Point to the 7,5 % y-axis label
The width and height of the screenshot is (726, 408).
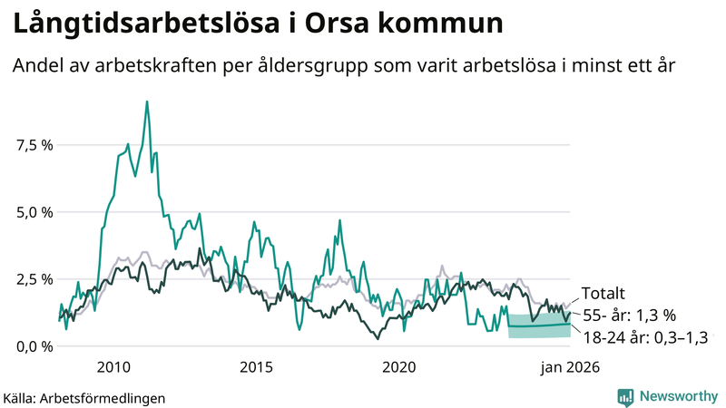pyautogui.click(x=34, y=145)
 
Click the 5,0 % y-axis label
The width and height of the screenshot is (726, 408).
pyautogui.click(x=34, y=212)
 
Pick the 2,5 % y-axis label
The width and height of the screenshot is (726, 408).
pyautogui.click(x=34, y=279)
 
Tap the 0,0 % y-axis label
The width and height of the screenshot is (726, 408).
pyautogui.click(x=34, y=346)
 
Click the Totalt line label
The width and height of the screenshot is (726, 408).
pyautogui.click(x=603, y=293)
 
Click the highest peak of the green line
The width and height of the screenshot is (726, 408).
pyautogui.click(x=147, y=102)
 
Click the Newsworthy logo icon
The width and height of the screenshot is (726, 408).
pyautogui.click(x=625, y=396)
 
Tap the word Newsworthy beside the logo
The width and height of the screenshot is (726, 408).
pyautogui.click(x=677, y=396)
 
